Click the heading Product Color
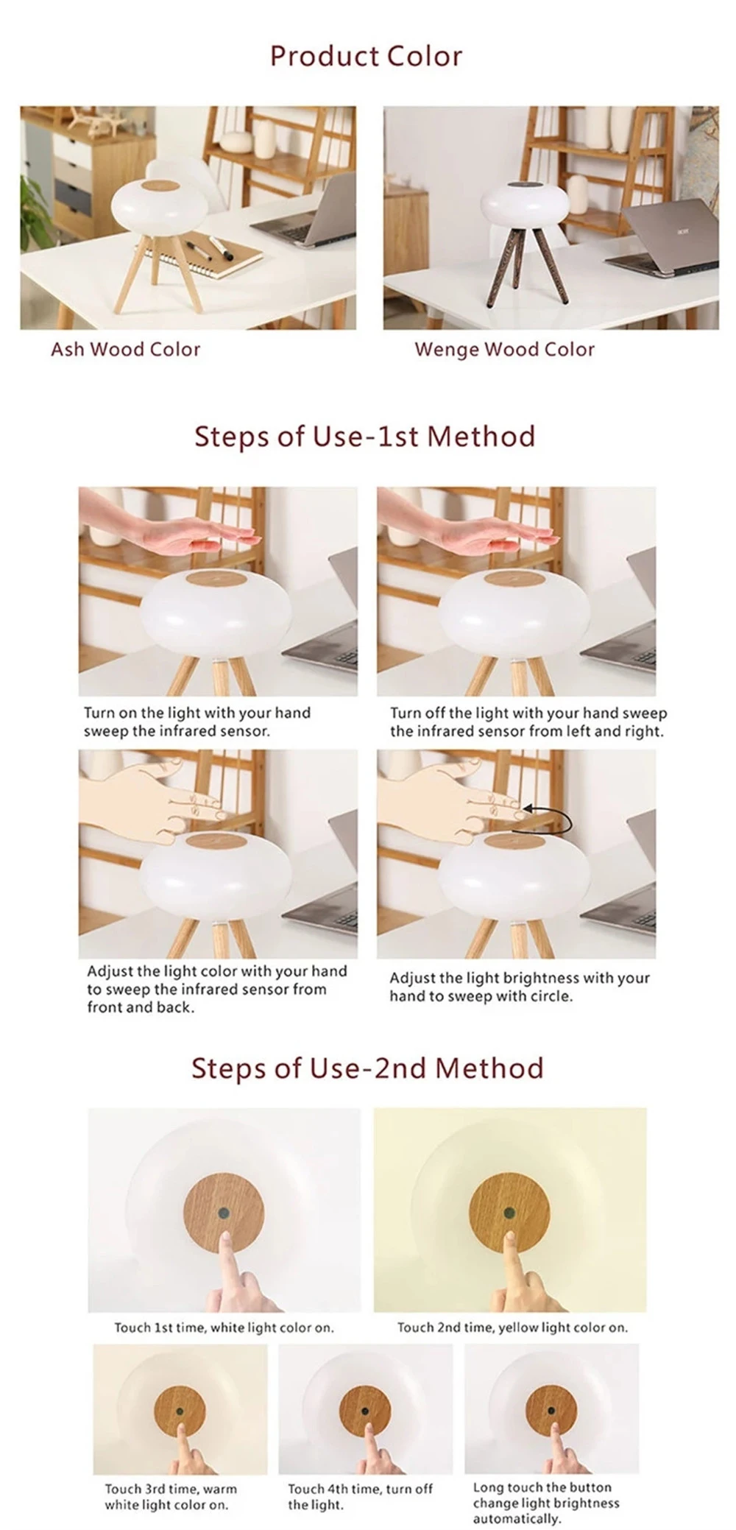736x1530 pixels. click(x=366, y=57)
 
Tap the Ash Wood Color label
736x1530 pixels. click(x=125, y=349)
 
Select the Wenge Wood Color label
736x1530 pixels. click(x=504, y=349)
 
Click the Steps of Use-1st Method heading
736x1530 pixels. click(x=364, y=436)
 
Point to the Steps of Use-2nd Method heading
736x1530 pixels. click(x=367, y=1068)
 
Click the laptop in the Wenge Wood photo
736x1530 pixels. click(x=662, y=239)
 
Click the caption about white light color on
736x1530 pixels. click(x=224, y=1328)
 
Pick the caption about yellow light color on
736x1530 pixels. click(x=512, y=1328)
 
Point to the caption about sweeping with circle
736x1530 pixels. click(x=519, y=987)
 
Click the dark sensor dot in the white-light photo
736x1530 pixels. click(x=224, y=1213)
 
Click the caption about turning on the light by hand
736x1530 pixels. click(x=197, y=722)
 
